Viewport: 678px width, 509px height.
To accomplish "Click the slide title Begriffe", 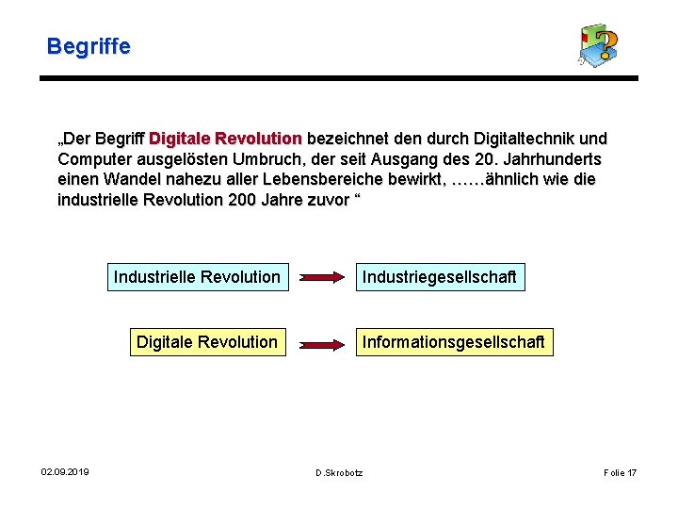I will [x=89, y=45].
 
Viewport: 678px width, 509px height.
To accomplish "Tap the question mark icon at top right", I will [x=598, y=45].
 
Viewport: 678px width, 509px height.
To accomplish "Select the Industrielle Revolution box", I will [x=197, y=277].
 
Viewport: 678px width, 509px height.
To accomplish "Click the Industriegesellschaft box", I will [x=440, y=277].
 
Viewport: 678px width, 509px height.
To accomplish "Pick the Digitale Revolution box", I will [x=207, y=342].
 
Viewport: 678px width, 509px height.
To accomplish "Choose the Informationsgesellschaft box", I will [x=454, y=342].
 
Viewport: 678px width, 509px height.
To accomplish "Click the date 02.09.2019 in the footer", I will [x=65, y=472].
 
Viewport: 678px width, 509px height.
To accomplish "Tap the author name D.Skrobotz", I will [x=339, y=472].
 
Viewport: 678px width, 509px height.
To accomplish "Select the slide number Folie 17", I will [x=620, y=472].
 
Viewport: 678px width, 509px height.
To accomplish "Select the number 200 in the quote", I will [x=243, y=200].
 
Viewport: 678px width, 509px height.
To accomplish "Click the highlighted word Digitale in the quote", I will [x=181, y=139].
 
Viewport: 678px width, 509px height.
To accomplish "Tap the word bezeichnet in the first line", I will [x=349, y=139].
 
